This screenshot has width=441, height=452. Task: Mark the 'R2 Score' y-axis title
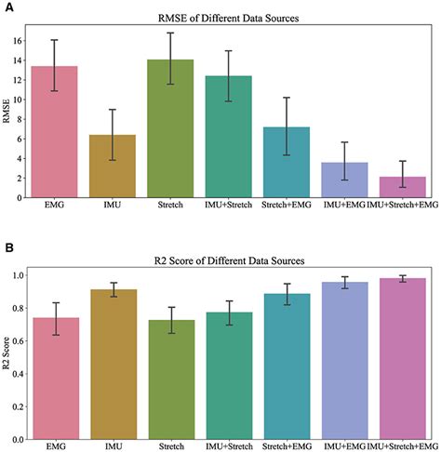[x=7, y=354]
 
